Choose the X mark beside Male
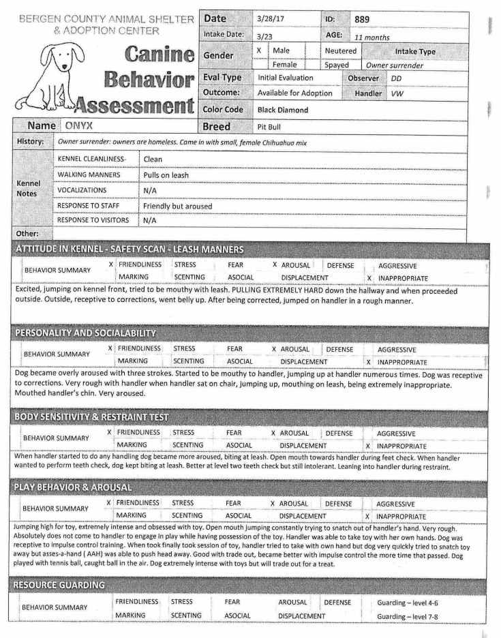[x=259, y=50]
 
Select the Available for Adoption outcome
[x=295, y=93]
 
